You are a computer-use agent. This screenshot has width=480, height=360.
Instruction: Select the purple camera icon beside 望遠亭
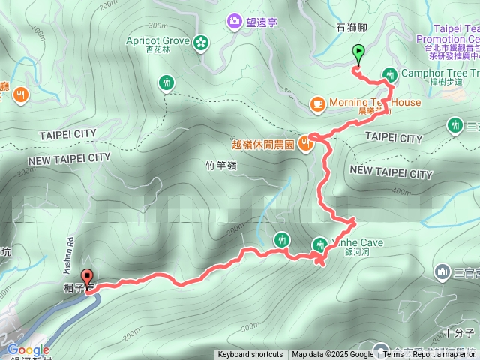click(235, 21)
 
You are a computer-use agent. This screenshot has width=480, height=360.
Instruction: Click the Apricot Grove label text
click(157, 40)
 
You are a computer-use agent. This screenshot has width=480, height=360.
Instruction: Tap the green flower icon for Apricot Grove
click(200, 42)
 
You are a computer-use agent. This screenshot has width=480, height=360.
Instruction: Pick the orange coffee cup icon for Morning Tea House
click(317, 102)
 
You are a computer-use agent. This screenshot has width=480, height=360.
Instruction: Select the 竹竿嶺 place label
click(220, 164)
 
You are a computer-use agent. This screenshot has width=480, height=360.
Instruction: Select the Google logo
click(28, 349)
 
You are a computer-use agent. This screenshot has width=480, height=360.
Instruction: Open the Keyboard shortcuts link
click(250, 355)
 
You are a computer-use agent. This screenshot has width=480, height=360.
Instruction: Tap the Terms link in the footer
click(393, 355)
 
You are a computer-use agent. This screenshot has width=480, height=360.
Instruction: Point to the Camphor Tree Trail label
click(439, 73)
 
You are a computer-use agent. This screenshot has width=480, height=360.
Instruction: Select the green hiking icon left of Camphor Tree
click(390, 73)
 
